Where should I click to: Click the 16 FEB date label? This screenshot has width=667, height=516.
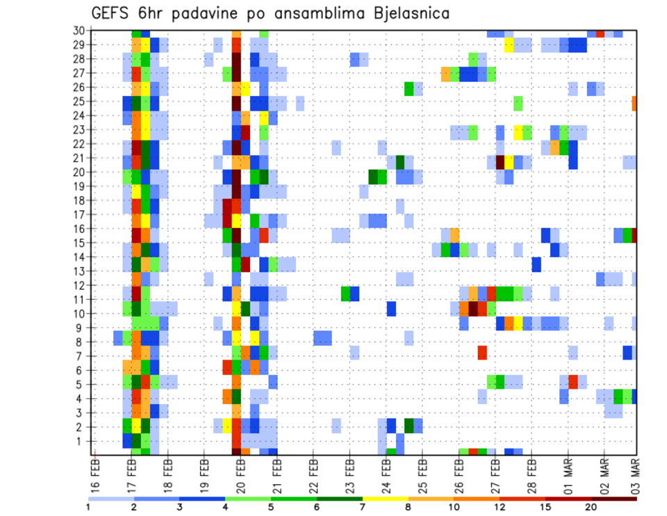pos(96,474)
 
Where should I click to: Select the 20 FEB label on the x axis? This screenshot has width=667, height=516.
pos(240,474)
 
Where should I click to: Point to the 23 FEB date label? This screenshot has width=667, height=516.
pos(349,474)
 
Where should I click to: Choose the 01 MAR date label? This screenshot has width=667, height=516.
pos(567,474)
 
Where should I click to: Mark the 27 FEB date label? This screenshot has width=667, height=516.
pos(495,474)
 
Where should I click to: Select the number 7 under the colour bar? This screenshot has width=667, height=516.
pos(363,507)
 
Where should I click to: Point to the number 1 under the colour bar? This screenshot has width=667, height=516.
pos(88,507)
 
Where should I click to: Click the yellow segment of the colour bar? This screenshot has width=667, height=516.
pos(386,499)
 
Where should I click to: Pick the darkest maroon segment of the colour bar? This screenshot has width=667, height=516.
pos(614,499)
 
